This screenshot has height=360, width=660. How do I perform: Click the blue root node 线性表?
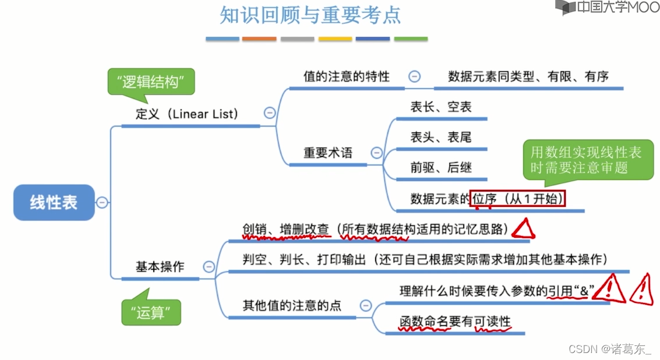coord(54,203)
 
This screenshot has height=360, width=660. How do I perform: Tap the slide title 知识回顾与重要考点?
coord(310,15)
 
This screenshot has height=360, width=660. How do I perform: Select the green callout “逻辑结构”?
coord(150,82)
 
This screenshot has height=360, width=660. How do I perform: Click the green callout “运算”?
coord(151,312)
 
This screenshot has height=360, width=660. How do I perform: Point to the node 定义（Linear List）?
coord(187,114)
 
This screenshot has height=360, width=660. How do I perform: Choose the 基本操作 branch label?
coord(160,267)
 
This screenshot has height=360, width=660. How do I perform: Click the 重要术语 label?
coord(327,153)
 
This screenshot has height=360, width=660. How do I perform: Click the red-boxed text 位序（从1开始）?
coord(518,199)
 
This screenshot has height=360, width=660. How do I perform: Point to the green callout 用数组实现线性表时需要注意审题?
coord(585,160)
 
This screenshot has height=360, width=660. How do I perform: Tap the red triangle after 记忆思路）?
coord(523,229)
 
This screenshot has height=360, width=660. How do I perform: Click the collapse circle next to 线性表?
coord(102,203)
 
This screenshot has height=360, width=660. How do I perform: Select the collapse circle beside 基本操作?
coord(208,267)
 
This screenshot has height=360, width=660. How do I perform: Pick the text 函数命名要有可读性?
coord(454,322)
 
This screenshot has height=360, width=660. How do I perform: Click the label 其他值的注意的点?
coord(292,305)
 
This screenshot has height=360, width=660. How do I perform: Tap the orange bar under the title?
coord(259,39)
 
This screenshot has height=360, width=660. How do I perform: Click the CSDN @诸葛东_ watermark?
coord(610,349)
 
